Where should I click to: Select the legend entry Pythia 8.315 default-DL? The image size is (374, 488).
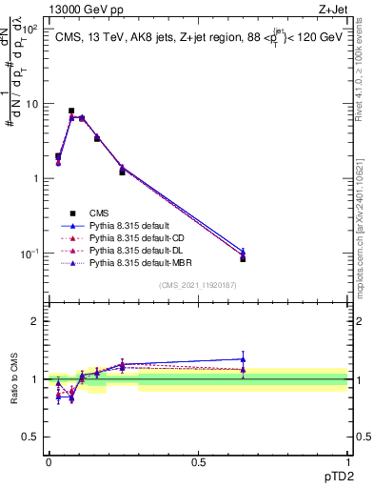click(134, 249)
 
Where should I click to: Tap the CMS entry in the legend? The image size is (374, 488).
click(100, 213)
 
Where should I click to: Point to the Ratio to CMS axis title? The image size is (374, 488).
click(14, 379)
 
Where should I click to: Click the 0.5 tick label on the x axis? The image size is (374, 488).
click(198, 460)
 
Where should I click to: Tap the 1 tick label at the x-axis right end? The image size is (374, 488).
click(348, 460)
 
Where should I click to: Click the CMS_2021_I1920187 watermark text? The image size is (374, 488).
click(198, 285)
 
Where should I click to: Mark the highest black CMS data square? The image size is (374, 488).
click(71, 111)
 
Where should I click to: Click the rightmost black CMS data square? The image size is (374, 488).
click(243, 258)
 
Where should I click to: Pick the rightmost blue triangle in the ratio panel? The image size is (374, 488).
click(243, 359)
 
